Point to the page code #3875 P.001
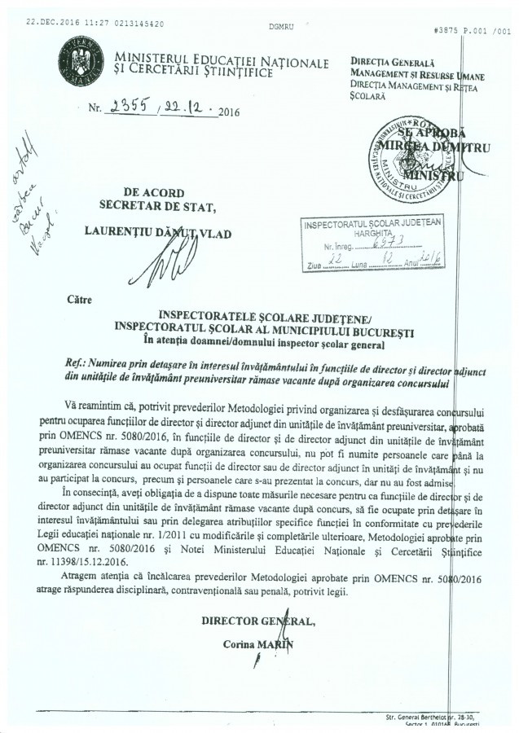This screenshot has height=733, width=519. [468, 29]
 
